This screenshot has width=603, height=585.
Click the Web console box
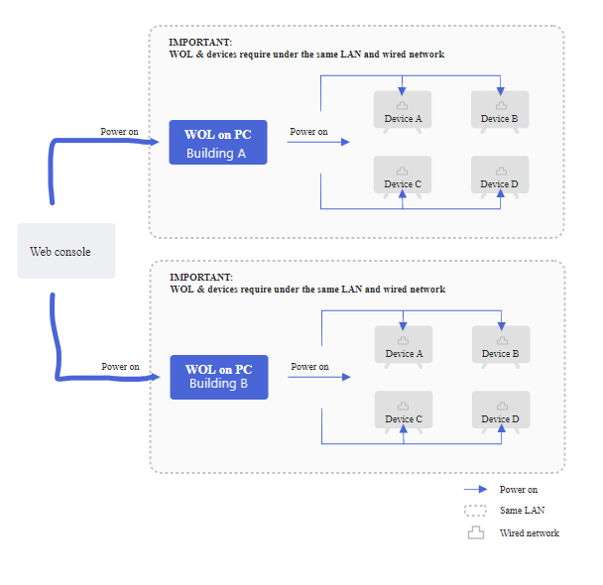pos(66,251)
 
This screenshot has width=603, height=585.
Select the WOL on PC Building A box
pos(218,142)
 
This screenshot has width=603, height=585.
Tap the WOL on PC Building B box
pos(219,377)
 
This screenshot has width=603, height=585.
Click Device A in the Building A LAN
pos(403,111)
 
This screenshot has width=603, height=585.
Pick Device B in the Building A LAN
pos(500,111)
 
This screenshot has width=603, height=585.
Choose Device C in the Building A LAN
pos(403,176)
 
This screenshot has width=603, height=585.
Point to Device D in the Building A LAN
pos(500,176)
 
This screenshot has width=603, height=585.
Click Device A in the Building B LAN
pos(404,347)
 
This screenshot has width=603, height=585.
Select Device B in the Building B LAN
pos(501,347)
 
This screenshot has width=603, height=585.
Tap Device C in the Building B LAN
pos(404,412)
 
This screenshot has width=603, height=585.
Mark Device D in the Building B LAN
pos(501,412)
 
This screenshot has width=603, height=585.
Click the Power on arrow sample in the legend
pos(476,489)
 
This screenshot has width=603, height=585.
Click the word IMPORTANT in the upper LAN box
pos(200,42)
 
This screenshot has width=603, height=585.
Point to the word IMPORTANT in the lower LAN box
pos(201,277)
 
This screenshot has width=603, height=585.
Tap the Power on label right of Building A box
pos(308,132)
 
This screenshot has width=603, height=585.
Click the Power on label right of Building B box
pos(310,367)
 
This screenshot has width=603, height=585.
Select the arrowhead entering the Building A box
pos(155,142)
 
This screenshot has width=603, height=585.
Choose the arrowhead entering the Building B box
pos(156,377)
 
